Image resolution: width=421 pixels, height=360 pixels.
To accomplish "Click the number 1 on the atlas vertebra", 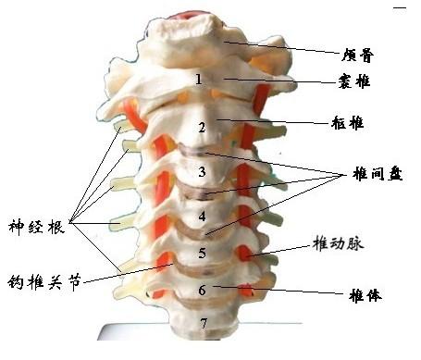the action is (199, 79).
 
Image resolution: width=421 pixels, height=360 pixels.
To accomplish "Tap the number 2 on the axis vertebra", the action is (202, 127).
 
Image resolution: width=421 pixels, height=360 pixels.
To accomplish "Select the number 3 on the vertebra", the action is (202, 171).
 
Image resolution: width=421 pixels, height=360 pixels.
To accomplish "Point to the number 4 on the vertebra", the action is (202, 217).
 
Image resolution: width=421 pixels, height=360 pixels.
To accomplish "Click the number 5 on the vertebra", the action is (202, 253).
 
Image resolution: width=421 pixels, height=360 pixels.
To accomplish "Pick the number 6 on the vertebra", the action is (202, 290).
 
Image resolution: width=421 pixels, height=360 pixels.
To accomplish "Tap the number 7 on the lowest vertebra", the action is (204, 324).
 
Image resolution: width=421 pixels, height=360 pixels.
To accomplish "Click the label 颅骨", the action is (357, 56).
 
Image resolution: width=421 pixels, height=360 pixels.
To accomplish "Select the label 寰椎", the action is (353, 81).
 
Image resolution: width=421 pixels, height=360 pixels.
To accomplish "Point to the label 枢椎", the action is (348, 123).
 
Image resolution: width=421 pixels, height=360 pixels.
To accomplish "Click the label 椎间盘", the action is (378, 174).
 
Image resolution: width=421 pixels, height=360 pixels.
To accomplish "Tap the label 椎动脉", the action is (338, 243).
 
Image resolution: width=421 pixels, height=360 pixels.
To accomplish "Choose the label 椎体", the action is (365, 295).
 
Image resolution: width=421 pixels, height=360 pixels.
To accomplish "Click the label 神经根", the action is (36, 228).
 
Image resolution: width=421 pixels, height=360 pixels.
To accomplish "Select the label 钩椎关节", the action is (44, 281).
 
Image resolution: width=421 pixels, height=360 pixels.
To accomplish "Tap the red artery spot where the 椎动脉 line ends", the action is (245, 253).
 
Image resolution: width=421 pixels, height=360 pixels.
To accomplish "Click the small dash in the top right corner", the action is (400, 7).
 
